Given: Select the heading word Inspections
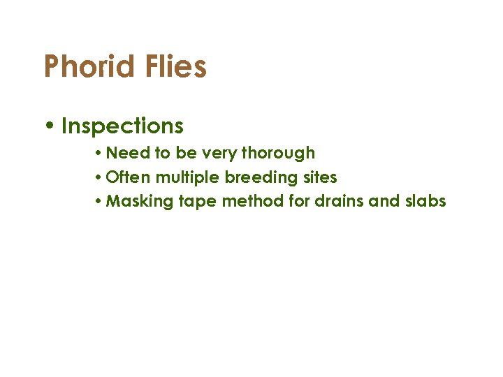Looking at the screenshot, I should pyautogui.click(x=122, y=126).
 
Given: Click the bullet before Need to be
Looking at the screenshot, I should pyautogui.click(x=100, y=153).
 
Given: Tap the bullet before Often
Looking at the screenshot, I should pyautogui.click(x=100, y=177).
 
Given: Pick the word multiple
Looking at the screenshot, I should pyautogui.click(x=188, y=177).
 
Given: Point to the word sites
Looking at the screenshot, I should pyautogui.click(x=321, y=177).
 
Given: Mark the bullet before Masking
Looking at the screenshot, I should pyautogui.click(x=100, y=202).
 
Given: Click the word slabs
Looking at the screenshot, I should pyautogui.click(x=425, y=202).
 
